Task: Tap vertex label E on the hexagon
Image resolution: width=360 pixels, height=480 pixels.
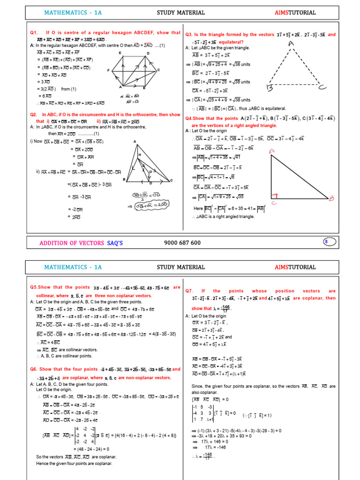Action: tap(120, 53)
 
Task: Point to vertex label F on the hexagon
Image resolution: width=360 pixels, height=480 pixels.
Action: tap(108, 71)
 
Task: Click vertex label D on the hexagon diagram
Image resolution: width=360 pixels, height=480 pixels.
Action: tap(148, 53)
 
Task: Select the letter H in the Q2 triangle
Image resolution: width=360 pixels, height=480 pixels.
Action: tap(139, 155)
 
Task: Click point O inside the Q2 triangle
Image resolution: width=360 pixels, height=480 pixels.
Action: tap(150, 171)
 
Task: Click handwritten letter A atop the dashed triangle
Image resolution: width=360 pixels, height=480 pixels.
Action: tap(291, 44)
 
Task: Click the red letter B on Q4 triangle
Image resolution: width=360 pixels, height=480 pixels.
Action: tap(331, 198)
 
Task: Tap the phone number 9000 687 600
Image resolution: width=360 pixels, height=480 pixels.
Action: tap(182, 243)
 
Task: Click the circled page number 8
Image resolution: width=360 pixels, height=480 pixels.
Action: tap(326, 242)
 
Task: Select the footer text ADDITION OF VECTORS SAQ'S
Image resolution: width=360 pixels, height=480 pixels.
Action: tap(81, 243)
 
